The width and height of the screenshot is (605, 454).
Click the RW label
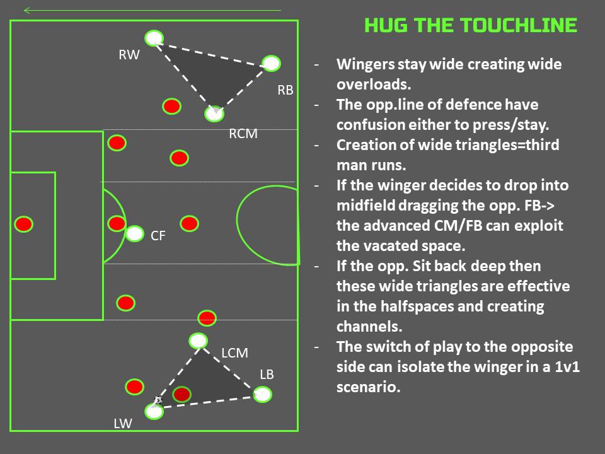point(129,55)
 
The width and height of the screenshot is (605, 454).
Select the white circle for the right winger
point(154,38)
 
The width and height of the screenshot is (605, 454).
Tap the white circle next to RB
point(270,63)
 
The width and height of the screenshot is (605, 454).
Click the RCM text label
point(243,134)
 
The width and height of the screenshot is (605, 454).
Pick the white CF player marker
point(134,234)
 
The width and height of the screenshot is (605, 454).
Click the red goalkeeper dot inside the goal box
point(23,224)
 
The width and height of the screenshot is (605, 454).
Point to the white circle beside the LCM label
point(198,341)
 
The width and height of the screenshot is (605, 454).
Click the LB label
point(267,375)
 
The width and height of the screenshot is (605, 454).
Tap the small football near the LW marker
point(158,400)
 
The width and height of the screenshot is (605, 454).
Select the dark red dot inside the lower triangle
point(181,394)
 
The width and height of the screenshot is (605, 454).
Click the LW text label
point(122,424)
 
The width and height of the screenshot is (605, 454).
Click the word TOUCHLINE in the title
point(518,25)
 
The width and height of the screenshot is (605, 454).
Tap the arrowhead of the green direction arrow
point(26,10)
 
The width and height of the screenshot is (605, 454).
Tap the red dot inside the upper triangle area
point(171,106)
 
